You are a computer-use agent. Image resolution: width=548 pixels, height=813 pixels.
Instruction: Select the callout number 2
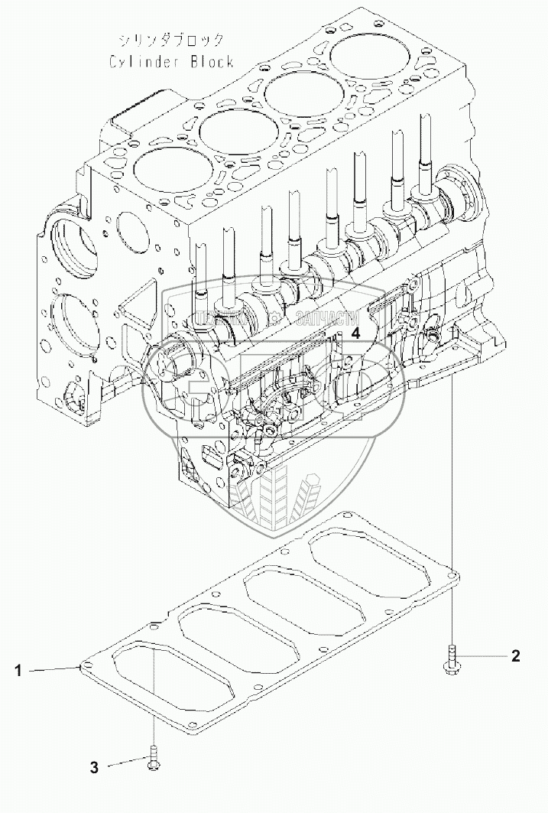click(516, 655)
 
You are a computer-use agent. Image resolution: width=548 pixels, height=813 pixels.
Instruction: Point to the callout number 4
click(355, 332)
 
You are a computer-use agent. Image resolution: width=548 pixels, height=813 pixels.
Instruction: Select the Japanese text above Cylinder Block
click(171, 41)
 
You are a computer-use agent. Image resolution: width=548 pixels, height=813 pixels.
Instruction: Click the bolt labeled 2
click(452, 659)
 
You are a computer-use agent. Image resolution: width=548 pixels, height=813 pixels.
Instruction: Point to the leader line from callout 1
click(54, 669)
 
